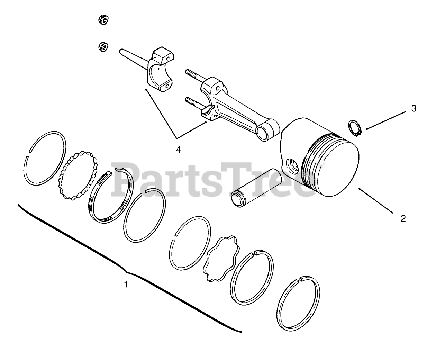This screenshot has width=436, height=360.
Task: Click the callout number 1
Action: click(x=126, y=285)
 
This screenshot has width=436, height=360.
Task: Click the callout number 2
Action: click(x=403, y=218)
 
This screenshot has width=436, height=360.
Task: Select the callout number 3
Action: click(x=413, y=108)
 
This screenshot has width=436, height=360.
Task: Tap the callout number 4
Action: click(x=178, y=150)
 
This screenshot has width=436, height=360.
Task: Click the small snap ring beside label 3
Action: click(x=355, y=128)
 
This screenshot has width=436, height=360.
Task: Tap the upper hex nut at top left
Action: click(x=103, y=20)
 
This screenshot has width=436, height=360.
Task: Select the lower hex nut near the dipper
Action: click(x=103, y=46)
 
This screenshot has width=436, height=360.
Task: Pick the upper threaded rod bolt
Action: click(x=194, y=74)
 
